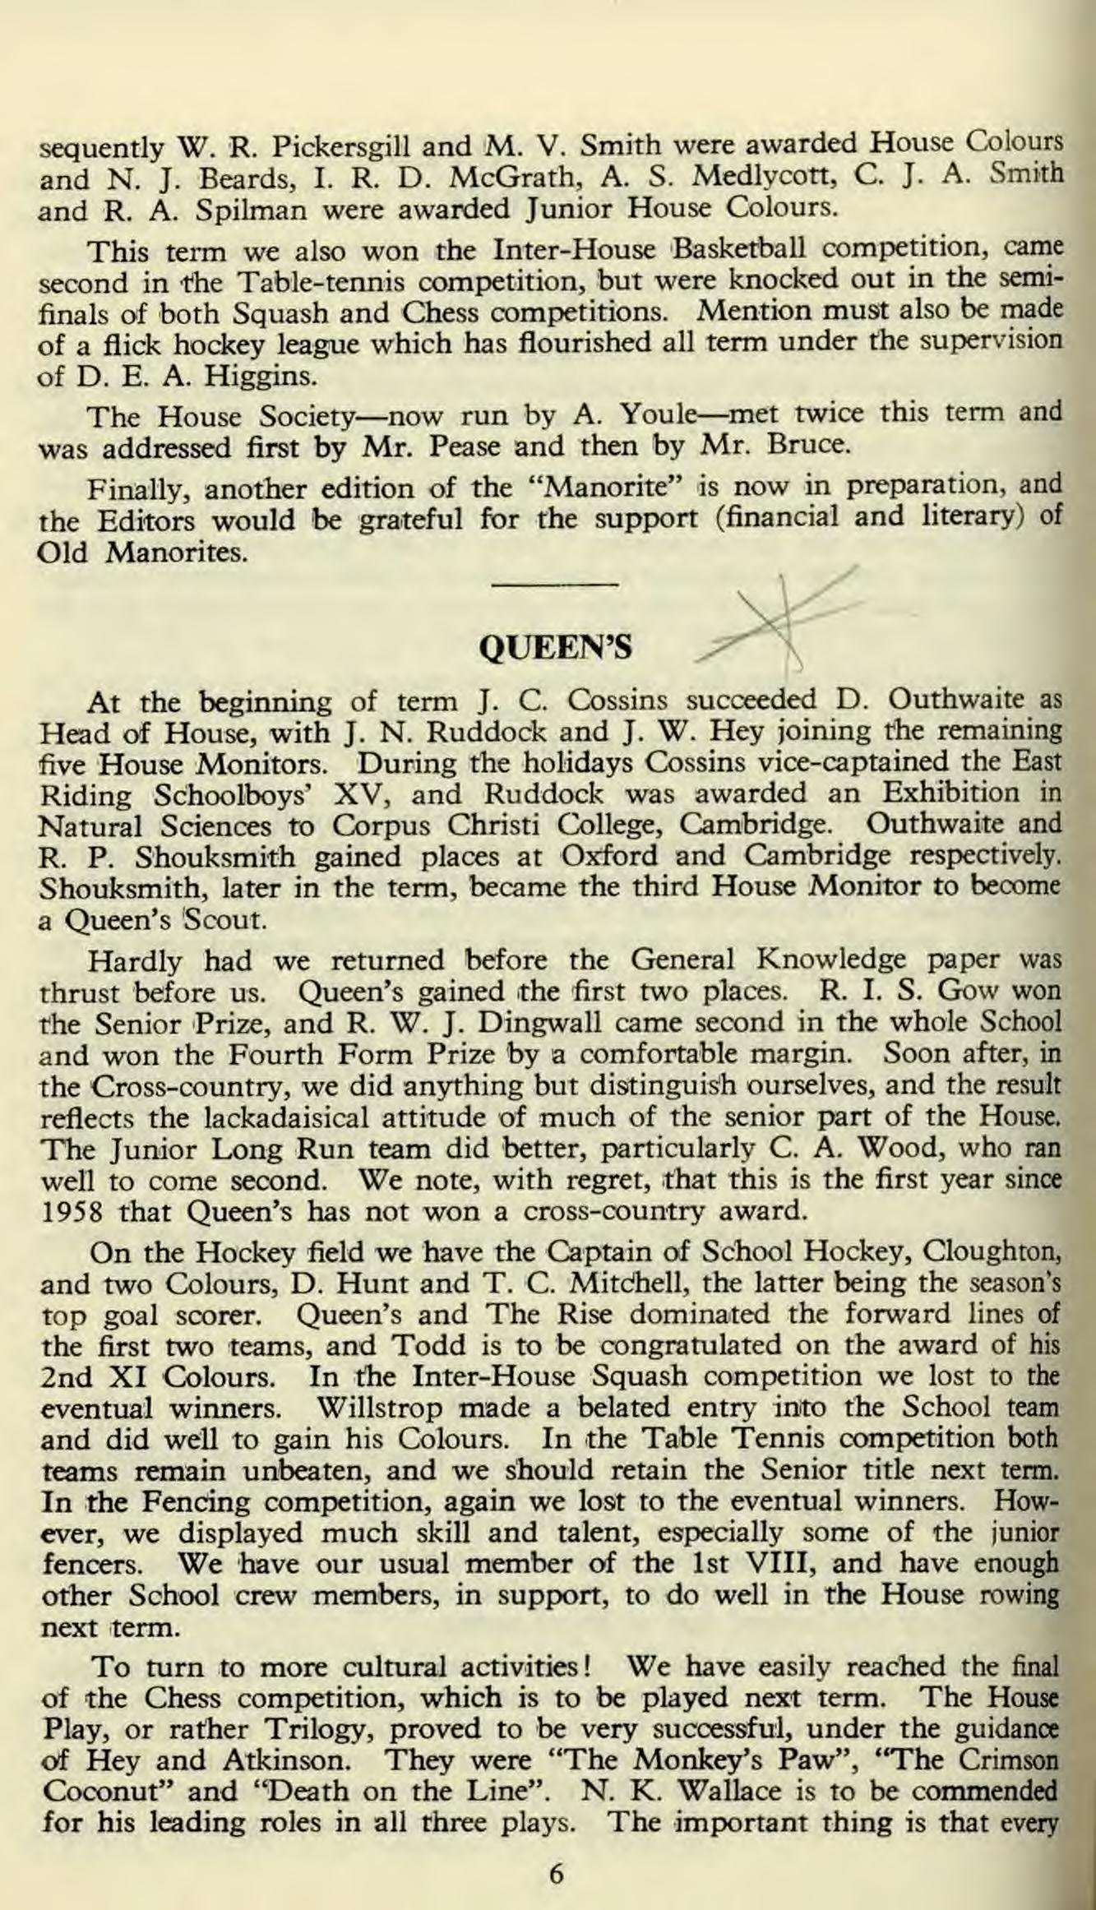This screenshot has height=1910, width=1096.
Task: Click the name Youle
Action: pos(651,414)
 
